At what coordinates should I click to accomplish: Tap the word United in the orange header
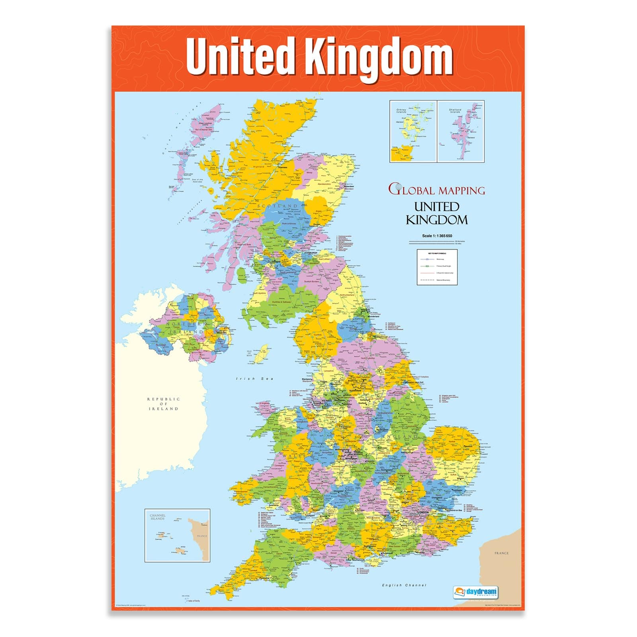[240, 56]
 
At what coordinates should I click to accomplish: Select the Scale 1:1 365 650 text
[437, 236]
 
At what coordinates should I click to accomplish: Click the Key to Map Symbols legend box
[437, 267]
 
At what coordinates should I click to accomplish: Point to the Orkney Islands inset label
[401, 111]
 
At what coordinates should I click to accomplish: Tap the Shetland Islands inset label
[455, 111]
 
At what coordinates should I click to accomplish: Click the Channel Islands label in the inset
[157, 517]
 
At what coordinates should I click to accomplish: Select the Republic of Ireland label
[164, 404]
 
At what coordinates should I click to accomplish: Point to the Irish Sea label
[255, 379]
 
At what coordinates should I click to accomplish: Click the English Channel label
[404, 585]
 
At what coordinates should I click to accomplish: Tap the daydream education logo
[475, 592]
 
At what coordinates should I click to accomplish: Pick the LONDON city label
[422, 512]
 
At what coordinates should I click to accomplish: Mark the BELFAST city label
[221, 332]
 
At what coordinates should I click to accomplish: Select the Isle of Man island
[261, 354]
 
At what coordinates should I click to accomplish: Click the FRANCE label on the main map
[501, 553]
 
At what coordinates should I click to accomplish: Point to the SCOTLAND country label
[277, 206]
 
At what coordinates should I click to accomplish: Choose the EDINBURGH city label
[311, 253]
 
